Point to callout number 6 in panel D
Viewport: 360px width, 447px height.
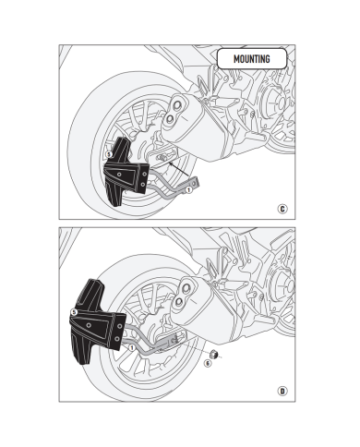(x=208, y=362)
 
